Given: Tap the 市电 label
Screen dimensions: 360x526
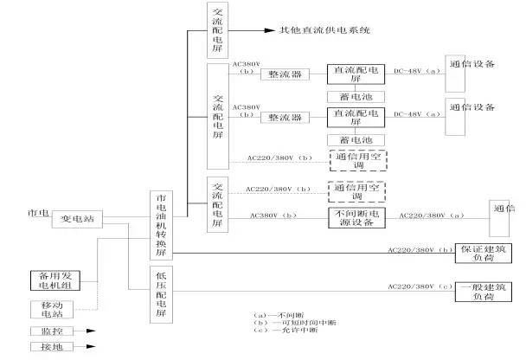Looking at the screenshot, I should point(38,212).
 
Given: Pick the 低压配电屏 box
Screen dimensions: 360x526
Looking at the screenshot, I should point(161,294).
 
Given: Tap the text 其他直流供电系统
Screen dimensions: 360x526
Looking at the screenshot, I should point(324,29).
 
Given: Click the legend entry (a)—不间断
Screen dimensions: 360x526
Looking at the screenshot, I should point(273,314).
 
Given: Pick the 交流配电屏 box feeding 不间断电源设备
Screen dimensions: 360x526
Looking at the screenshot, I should point(217,203).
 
